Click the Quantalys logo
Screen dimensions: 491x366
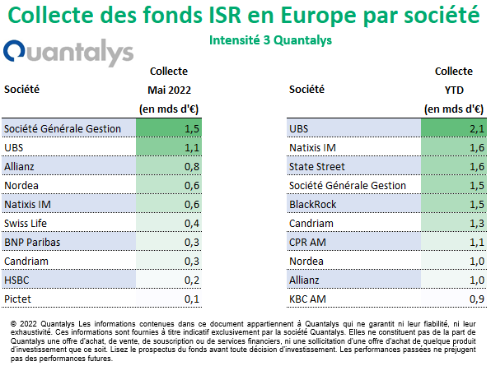(x=68, y=53)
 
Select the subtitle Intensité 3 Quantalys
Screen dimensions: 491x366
(x=270, y=40)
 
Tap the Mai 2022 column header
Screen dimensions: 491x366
(x=169, y=90)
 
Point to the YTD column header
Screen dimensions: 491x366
(x=454, y=90)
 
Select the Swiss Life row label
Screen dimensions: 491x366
(x=26, y=223)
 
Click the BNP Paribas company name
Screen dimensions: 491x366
(x=32, y=243)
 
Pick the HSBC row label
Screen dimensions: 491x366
(x=16, y=280)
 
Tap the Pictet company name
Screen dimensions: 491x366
(x=17, y=299)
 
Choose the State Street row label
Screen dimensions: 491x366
(x=317, y=167)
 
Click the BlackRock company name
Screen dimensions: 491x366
(x=312, y=205)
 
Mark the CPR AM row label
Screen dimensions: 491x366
(x=307, y=243)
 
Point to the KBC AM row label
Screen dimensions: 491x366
(x=307, y=299)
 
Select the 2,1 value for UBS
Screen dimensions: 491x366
(x=477, y=129)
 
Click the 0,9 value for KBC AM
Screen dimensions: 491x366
(x=477, y=299)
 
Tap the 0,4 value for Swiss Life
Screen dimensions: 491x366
(x=192, y=223)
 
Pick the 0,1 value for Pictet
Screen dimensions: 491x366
(x=192, y=299)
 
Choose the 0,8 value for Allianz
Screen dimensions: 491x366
(x=192, y=167)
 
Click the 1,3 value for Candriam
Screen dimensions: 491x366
(x=477, y=223)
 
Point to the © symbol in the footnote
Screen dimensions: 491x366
(x=13, y=324)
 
